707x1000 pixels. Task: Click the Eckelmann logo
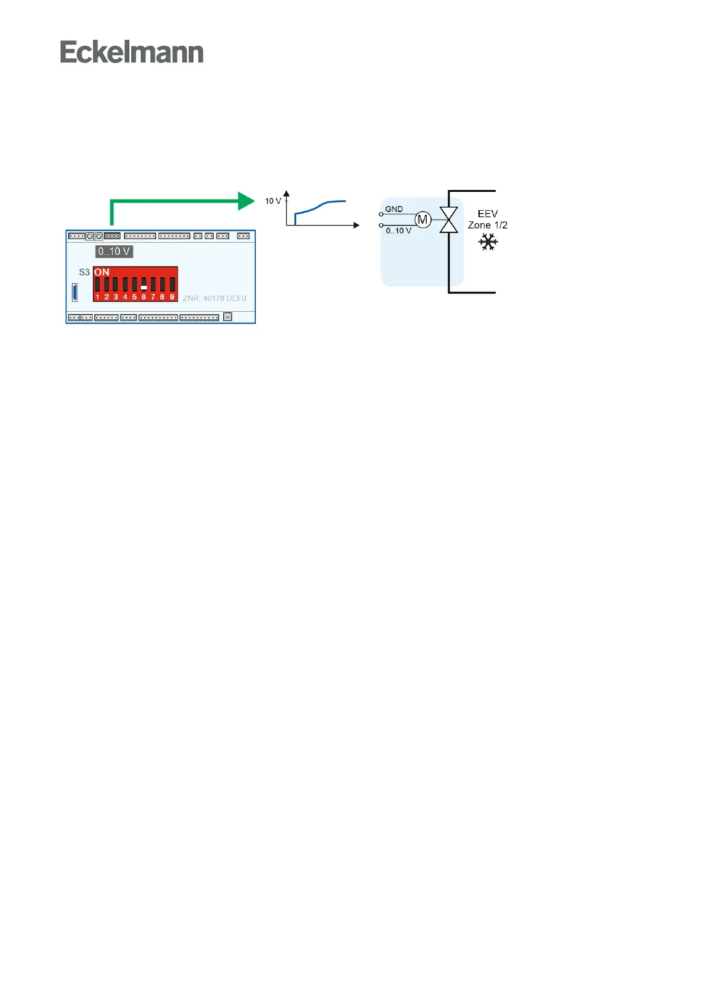[x=132, y=52]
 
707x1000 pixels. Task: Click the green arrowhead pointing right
[x=246, y=201]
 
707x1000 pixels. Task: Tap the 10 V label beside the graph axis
[x=272, y=201]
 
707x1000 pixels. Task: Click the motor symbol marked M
[x=423, y=220]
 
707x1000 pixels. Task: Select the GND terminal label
[x=394, y=209]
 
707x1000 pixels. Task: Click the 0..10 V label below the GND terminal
[x=398, y=230]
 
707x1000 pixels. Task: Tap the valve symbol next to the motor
[x=448, y=220]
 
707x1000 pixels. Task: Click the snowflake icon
[x=488, y=242]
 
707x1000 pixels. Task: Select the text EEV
[x=487, y=214]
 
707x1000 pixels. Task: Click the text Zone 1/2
[x=487, y=225]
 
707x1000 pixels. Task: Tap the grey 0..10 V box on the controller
[x=114, y=251]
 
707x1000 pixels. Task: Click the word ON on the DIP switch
[x=102, y=273]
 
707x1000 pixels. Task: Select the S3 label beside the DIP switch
[x=84, y=273]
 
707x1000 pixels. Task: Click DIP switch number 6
[x=144, y=285]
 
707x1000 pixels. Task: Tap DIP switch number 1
[x=97, y=285]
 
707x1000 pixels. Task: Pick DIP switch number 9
[x=172, y=285]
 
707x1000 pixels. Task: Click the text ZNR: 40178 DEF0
[x=214, y=298]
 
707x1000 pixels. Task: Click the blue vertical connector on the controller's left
[x=75, y=292]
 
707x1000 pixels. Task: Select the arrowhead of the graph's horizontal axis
[x=356, y=225]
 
